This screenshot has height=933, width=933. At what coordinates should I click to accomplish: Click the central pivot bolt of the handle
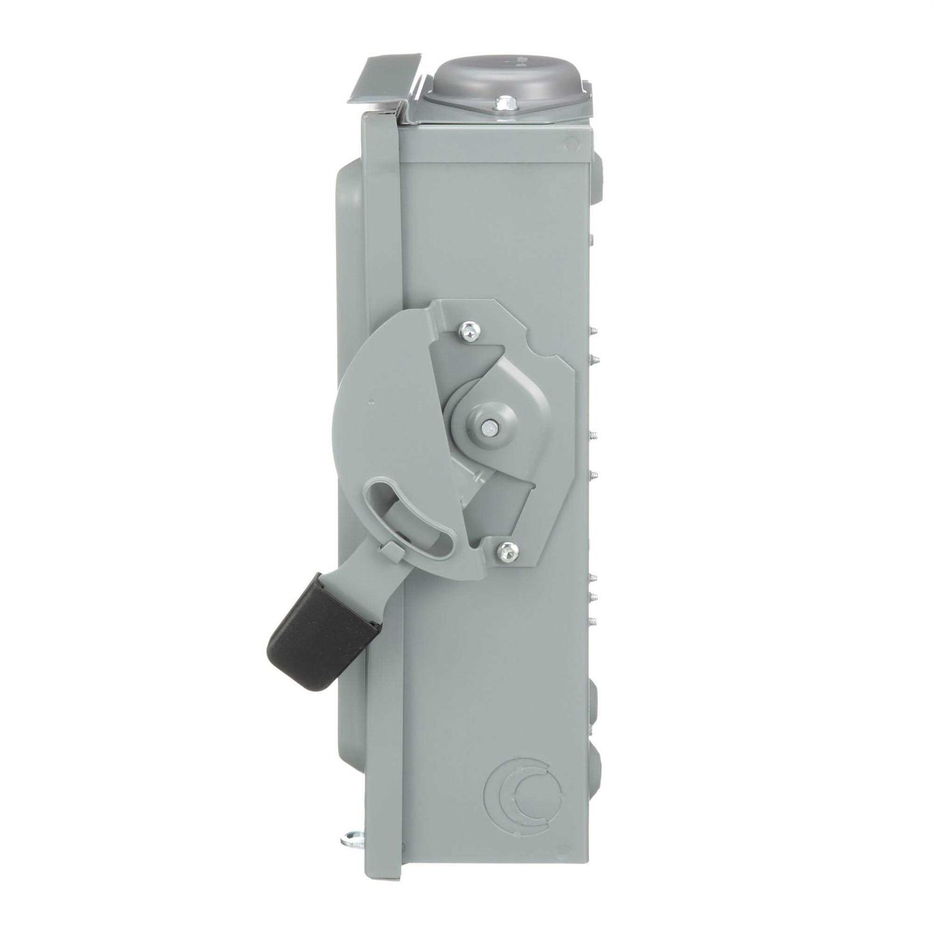point(490,427)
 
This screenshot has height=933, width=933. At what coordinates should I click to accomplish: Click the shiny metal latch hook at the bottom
point(352,838)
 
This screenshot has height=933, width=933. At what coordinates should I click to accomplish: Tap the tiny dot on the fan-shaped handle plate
point(371,401)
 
